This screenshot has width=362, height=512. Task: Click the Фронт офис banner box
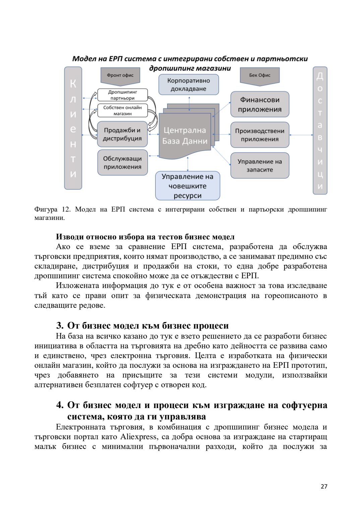click(120, 76)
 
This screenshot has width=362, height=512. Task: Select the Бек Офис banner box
click(259, 76)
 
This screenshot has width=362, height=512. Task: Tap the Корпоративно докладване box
click(188, 85)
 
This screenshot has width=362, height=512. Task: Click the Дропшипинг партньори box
click(122, 95)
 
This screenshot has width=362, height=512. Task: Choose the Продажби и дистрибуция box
click(122, 134)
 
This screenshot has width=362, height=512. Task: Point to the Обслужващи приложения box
click(122, 163)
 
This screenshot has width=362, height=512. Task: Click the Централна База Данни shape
click(185, 135)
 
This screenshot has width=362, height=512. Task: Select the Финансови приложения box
click(259, 104)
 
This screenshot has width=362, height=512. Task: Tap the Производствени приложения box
click(259, 135)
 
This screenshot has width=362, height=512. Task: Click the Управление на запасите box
click(259, 166)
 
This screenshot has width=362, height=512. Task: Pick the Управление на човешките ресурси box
click(187, 186)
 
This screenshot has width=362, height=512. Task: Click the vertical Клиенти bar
click(73, 128)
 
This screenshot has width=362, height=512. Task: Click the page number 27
click(323, 487)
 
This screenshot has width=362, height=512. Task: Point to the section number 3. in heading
click(60, 326)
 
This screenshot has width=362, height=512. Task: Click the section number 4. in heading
click(60, 405)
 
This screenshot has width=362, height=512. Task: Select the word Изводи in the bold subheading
click(70, 237)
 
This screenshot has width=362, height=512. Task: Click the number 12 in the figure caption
click(66, 210)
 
